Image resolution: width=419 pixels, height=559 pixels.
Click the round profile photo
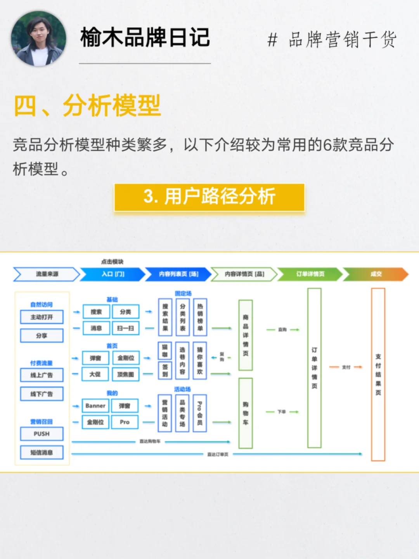(x=38, y=38)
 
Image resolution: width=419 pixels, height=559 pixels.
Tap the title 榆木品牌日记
(x=145, y=38)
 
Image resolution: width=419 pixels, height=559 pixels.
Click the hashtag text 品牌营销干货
(x=332, y=39)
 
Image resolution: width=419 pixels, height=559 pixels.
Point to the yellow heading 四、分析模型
(x=87, y=105)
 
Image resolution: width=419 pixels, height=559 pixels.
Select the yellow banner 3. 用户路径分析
(x=209, y=197)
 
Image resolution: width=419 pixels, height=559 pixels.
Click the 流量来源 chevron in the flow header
(x=47, y=274)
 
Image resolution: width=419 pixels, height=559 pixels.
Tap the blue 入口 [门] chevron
(x=113, y=274)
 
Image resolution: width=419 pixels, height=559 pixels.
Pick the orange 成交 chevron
(x=376, y=274)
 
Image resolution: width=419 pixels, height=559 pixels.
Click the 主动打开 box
(x=42, y=317)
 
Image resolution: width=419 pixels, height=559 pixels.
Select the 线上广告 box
(x=42, y=375)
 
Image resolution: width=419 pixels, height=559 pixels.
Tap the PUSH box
(x=42, y=434)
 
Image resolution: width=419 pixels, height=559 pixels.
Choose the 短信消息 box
(x=42, y=452)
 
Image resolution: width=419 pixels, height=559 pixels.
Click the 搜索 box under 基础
(x=96, y=312)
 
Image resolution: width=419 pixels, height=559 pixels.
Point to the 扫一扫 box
(x=125, y=328)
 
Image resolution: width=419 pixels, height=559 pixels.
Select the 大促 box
(x=95, y=374)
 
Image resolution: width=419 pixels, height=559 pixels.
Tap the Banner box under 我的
(x=95, y=406)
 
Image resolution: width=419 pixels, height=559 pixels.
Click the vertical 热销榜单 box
(x=200, y=317)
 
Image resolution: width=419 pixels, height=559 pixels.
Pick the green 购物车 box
(x=246, y=413)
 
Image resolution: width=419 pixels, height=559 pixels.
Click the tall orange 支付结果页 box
(x=378, y=374)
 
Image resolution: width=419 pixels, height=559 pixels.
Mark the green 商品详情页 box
(x=246, y=335)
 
